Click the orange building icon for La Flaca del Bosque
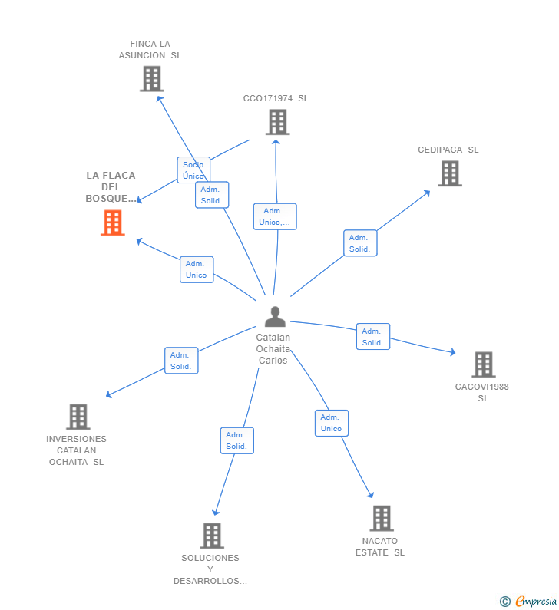(x=113, y=223)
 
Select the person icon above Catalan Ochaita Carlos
(x=274, y=316)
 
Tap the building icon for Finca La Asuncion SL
(x=151, y=78)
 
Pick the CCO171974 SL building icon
(x=276, y=122)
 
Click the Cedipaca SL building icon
(x=449, y=173)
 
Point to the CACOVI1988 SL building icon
(x=483, y=364)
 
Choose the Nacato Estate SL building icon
(x=381, y=518)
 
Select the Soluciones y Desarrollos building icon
(x=211, y=536)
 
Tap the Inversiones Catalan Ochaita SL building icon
(x=78, y=417)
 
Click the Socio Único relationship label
(x=193, y=170)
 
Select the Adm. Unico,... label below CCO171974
(x=275, y=216)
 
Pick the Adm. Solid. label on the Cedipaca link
(x=360, y=243)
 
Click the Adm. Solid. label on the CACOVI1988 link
(x=373, y=337)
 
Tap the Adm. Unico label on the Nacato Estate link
(x=331, y=423)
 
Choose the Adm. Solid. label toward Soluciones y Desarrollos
(x=237, y=440)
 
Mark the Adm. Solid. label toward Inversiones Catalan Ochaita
(x=181, y=361)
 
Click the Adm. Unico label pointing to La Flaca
(x=197, y=269)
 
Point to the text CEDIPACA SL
(x=448, y=150)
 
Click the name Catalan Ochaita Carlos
(x=273, y=349)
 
